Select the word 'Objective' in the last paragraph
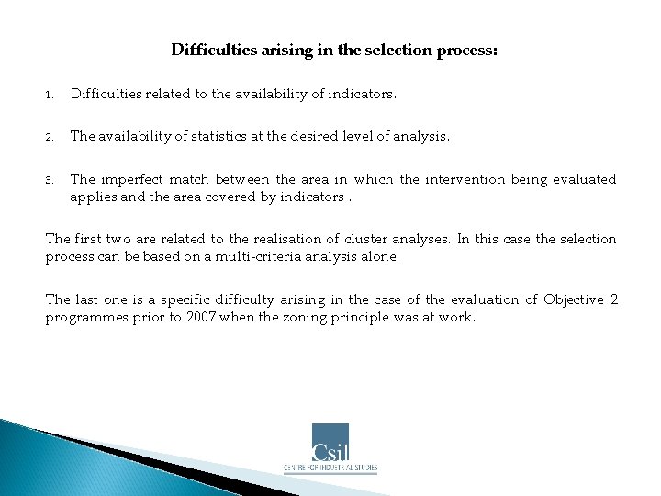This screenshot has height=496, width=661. click(574, 299)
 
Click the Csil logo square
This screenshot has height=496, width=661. click(330, 442)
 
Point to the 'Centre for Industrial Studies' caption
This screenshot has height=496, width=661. click(330, 468)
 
